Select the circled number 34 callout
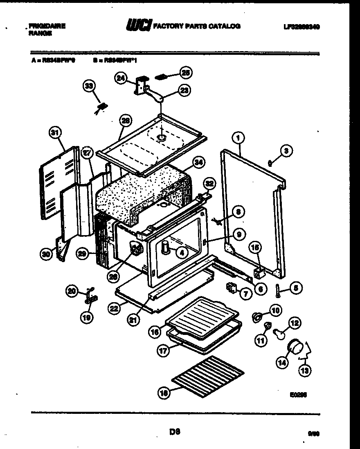click(x=198, y=163)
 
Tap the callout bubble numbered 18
click(x=164, y=393)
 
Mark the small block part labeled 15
click(x=257, y=272)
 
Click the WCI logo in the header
click(x=139, y=26)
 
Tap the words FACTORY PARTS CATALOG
click(x=197, y=26)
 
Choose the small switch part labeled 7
click(x=231, y=289)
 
